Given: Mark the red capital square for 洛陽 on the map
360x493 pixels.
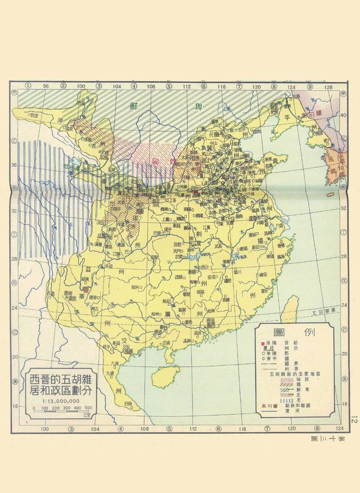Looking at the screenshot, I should (195, 192).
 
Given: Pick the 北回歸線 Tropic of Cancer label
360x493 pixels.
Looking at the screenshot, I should (323, 311).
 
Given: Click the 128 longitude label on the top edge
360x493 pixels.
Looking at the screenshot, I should (330, 87).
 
